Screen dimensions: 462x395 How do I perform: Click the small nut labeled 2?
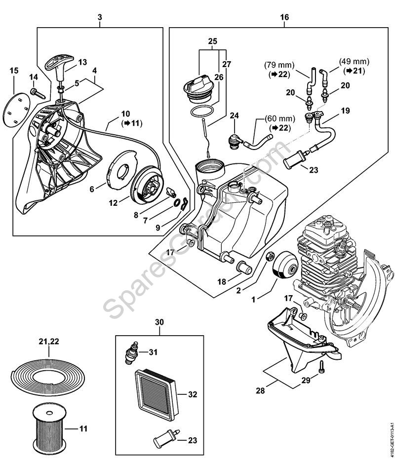(x=270, y=257)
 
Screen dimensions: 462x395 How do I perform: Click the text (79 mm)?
(x=278, y=65)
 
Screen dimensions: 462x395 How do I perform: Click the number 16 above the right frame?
(x=284, y=17)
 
